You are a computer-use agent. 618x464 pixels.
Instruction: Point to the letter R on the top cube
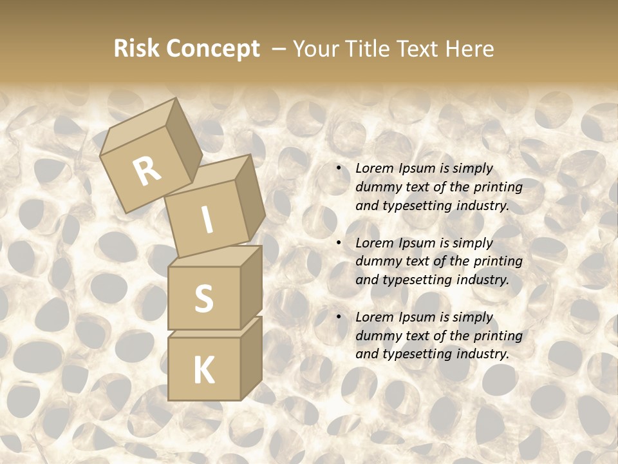point(147,170)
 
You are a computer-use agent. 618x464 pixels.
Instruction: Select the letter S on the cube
point(203,298)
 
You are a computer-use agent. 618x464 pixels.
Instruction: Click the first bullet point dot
point(338,169)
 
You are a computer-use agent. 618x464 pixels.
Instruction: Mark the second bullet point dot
point(338,244)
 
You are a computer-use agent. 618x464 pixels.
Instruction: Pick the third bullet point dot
point(338,318)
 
